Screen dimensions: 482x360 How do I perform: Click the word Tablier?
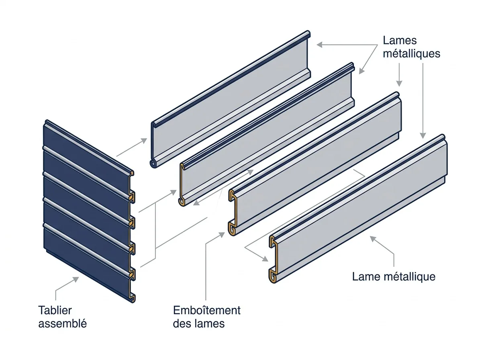pos(55,310)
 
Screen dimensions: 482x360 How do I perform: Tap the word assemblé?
pos(63,323)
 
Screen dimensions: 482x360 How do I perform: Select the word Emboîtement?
pos(206,310)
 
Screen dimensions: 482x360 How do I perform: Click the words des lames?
pos(199,323)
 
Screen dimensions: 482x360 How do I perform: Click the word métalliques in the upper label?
pos(412,53)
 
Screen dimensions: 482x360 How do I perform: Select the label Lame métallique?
pos(394,276)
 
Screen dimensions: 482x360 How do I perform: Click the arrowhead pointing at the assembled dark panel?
pos(76,279)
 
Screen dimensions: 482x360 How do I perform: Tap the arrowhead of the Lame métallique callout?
pos(373,239)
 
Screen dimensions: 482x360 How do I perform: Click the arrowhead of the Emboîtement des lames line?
pos(222,235)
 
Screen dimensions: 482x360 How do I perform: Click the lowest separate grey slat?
pos(358,209)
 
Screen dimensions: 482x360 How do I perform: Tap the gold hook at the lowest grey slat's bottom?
pos(272,276)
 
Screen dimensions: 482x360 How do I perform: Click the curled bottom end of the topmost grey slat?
pos(153,164)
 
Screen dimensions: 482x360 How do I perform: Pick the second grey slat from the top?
pos(267,134)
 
